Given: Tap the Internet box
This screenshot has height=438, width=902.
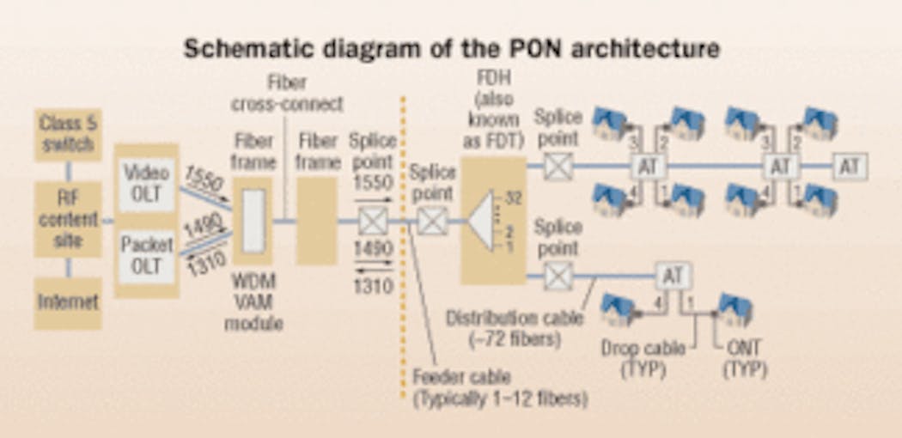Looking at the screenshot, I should [68, 301].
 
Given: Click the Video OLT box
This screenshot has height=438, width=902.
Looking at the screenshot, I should [146, 182].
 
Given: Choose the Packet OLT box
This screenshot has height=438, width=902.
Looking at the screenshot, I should [146, 254].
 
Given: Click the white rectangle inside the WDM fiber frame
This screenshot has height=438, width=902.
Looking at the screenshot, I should [253, 221].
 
